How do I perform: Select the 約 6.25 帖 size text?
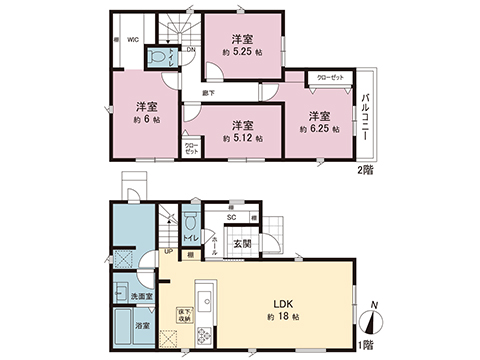click(319, 129)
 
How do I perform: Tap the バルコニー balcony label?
click(366, 118)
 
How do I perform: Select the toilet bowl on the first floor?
click(191, 220)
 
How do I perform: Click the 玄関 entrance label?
click(243, 243)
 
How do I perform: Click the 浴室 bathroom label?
click(143, 325)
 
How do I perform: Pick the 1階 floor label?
click(365, 344)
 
